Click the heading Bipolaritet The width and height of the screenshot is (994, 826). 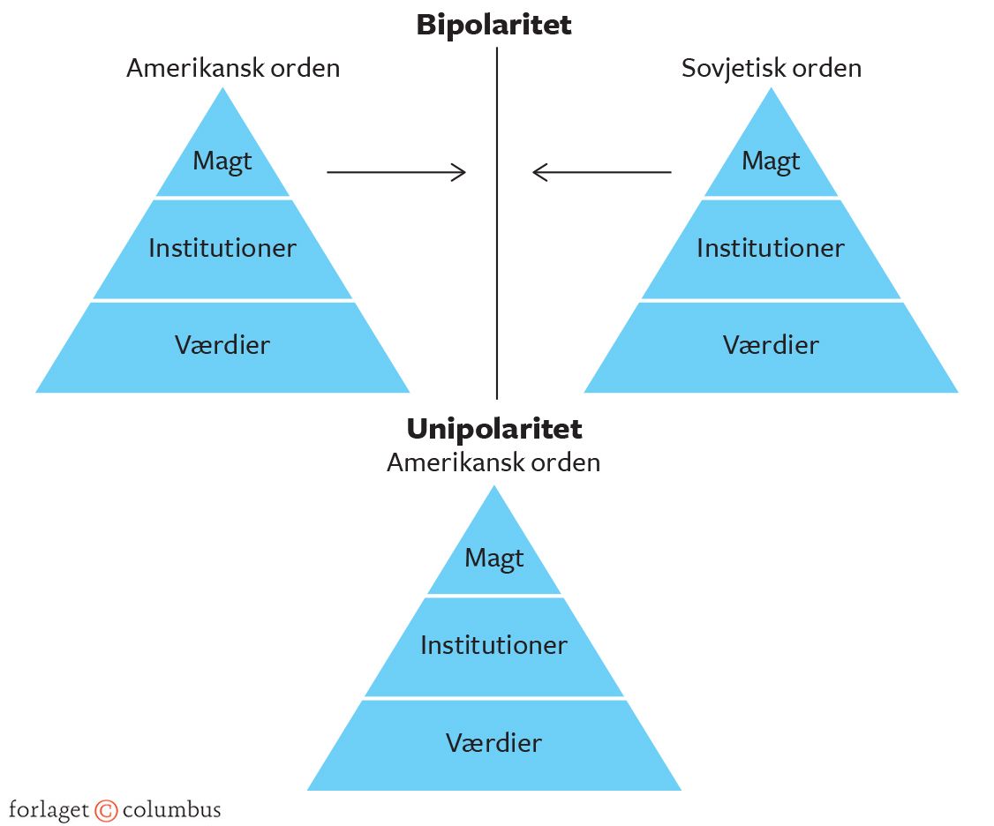click(493, 25)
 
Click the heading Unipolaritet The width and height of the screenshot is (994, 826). click(493, 429)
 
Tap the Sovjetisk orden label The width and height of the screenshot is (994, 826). click(771, 68)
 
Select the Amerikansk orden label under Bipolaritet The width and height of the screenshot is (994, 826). click(232, 68)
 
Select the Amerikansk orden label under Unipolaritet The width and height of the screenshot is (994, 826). click(493, 462)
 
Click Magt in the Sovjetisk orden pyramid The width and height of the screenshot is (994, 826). click(771, 161)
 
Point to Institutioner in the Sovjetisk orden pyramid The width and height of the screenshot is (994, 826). click(771, 248)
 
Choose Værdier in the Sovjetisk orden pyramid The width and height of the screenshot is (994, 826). click(771, 344)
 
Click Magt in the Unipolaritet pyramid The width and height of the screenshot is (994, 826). click(493, 558)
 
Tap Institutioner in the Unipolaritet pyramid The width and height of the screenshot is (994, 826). click(493, 645)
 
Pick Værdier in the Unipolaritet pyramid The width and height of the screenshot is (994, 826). click(493, 742)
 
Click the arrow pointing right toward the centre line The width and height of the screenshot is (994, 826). click(395, 172)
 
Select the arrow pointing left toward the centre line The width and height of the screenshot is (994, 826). click(601, 172)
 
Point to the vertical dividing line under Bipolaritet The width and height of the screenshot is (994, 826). click(497, 265)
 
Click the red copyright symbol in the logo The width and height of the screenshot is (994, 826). click(106, 810)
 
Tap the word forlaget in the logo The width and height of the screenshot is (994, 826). click(49, 810)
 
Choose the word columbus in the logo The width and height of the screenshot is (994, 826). click(171, 809)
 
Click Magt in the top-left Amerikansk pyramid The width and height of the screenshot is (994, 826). click(222, 161)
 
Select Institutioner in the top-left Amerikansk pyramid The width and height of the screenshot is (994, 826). click(222, 248)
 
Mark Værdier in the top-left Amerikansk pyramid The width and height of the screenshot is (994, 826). click(222, 344)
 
